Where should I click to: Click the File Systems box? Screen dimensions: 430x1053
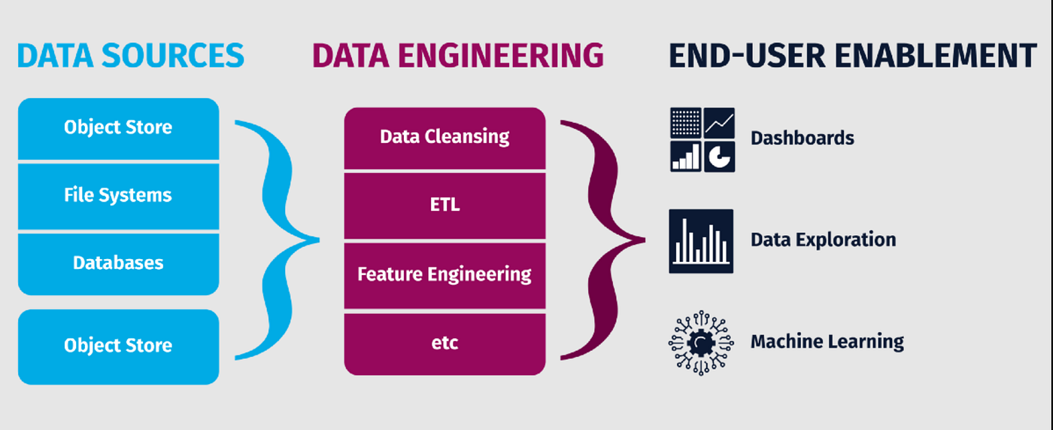(x=118, y=196)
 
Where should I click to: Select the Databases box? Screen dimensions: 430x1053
(x=118, y=264)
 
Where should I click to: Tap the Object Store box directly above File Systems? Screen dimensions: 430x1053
(x=118, y=128)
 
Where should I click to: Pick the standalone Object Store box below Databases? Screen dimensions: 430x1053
(x=118, y=346)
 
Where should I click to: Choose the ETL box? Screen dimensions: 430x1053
(x=445, y=205)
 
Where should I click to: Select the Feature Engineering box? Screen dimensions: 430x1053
(x=445, y=274)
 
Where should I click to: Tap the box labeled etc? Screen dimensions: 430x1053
(x=445, y=343)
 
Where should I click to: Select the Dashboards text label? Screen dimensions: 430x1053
(x=802, y=139)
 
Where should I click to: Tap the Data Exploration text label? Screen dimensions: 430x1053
(x=823, y=240)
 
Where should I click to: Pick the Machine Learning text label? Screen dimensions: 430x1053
(x=827, y=342)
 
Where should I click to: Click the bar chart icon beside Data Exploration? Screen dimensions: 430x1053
(x=701, y=241)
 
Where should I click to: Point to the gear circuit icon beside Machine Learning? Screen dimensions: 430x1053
(x=701, y=343)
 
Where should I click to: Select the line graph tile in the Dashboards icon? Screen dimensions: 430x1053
(x=719, y=122)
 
